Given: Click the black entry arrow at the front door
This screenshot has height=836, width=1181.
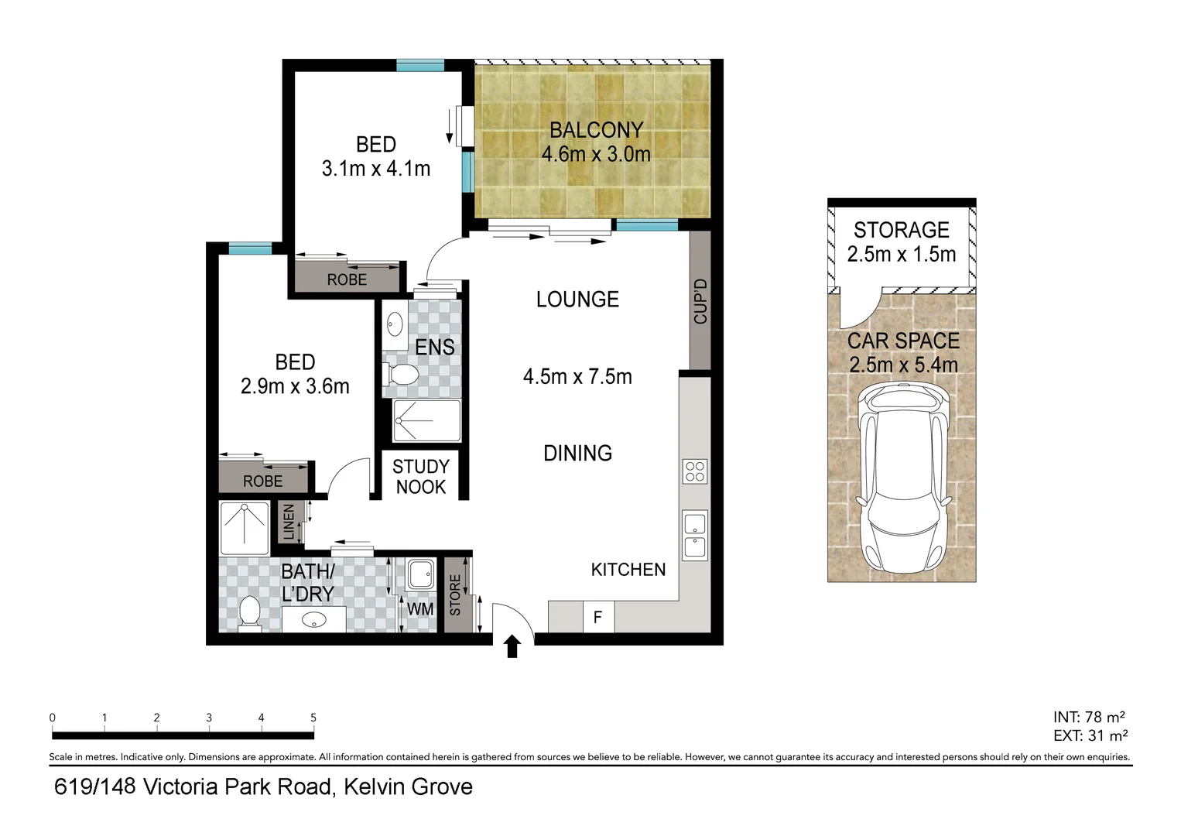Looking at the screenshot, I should click(x=512, y=646).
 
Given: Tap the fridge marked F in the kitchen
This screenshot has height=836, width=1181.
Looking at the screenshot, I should click(x=597, y=618).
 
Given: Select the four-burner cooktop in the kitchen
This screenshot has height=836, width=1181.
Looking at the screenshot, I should click(x=694, y=471).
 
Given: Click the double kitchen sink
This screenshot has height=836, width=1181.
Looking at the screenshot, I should click(x=694, y=535).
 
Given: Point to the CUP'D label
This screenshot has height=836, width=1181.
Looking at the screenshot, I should click(x=700, y=301).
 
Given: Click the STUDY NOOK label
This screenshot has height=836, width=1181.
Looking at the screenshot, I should click(x=420, y=477).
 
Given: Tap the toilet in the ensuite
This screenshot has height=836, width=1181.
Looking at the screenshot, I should click(x=402, y=375).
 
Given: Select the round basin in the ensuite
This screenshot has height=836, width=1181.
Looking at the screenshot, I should click(x=395, y=324).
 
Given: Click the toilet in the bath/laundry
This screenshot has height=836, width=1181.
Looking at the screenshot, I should click(x=249, y=612).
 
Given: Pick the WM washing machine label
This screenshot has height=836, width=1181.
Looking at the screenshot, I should click(x=420, y=609).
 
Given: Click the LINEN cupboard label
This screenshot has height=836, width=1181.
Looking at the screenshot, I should click(x=289, y=522).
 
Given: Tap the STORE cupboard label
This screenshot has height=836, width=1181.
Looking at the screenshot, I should click(x=455, y=594).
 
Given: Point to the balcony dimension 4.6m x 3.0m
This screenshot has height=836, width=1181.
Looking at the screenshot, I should click(x=595, y=154).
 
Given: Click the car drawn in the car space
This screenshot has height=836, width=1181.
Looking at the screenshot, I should click(x=904, y=480).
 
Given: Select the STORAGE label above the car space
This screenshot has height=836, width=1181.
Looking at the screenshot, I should click(x=901, y=230).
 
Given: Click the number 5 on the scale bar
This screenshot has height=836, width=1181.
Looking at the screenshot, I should click(x=313, y=718).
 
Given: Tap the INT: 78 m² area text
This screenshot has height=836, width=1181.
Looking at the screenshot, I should click(x=1089, y=718).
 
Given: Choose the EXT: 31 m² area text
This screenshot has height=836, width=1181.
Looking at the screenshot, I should click(x=1090, y=735).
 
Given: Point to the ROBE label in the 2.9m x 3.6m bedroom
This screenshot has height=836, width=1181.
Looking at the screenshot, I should click(x=262, y=481).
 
